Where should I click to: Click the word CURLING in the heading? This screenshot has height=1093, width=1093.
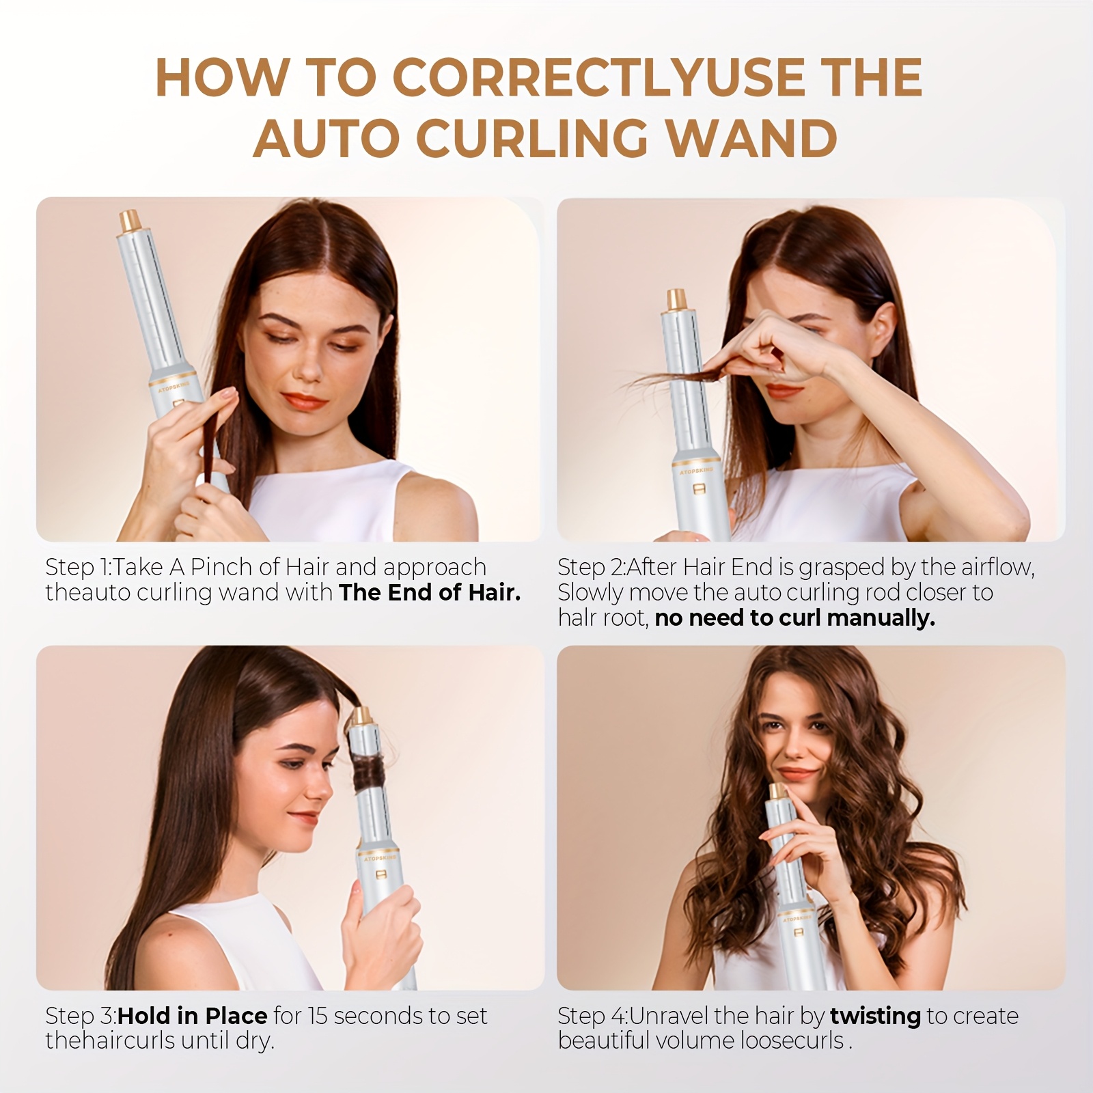pyautogui.click(x=531, y=138)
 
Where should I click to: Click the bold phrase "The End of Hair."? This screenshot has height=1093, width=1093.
pyautogui.click(x=430, y=592)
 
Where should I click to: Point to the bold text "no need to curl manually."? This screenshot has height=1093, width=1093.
pyautogui.click(x=794, y=618)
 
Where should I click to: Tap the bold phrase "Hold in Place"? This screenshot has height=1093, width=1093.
pyautogui.click(x=192, y=1016)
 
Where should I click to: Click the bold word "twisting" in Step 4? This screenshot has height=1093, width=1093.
pyautogui.click(x=875, y=1016)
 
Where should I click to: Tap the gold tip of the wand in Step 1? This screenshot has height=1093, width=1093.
pyautogui.click(x=131, y=220)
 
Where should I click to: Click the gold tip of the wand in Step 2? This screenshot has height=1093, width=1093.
pyautogui.click(x=677, y=299)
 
